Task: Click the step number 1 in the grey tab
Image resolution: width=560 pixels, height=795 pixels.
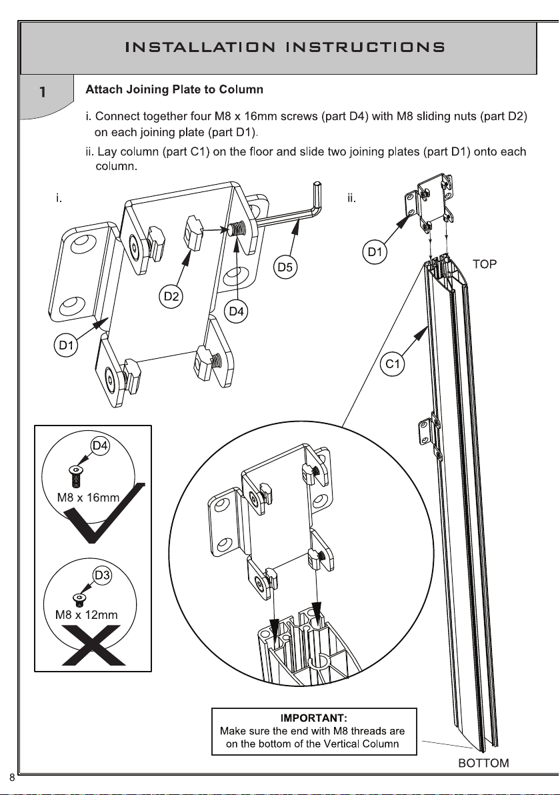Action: [42, 93]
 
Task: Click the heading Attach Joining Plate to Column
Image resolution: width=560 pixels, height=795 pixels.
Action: [175, 89]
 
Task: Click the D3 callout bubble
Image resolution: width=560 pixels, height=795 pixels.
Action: [101, 574]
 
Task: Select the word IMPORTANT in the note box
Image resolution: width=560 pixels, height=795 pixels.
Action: [313, 718]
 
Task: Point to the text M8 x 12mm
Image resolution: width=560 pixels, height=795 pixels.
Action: [86, 614]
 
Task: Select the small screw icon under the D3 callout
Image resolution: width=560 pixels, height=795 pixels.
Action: [77, 600]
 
